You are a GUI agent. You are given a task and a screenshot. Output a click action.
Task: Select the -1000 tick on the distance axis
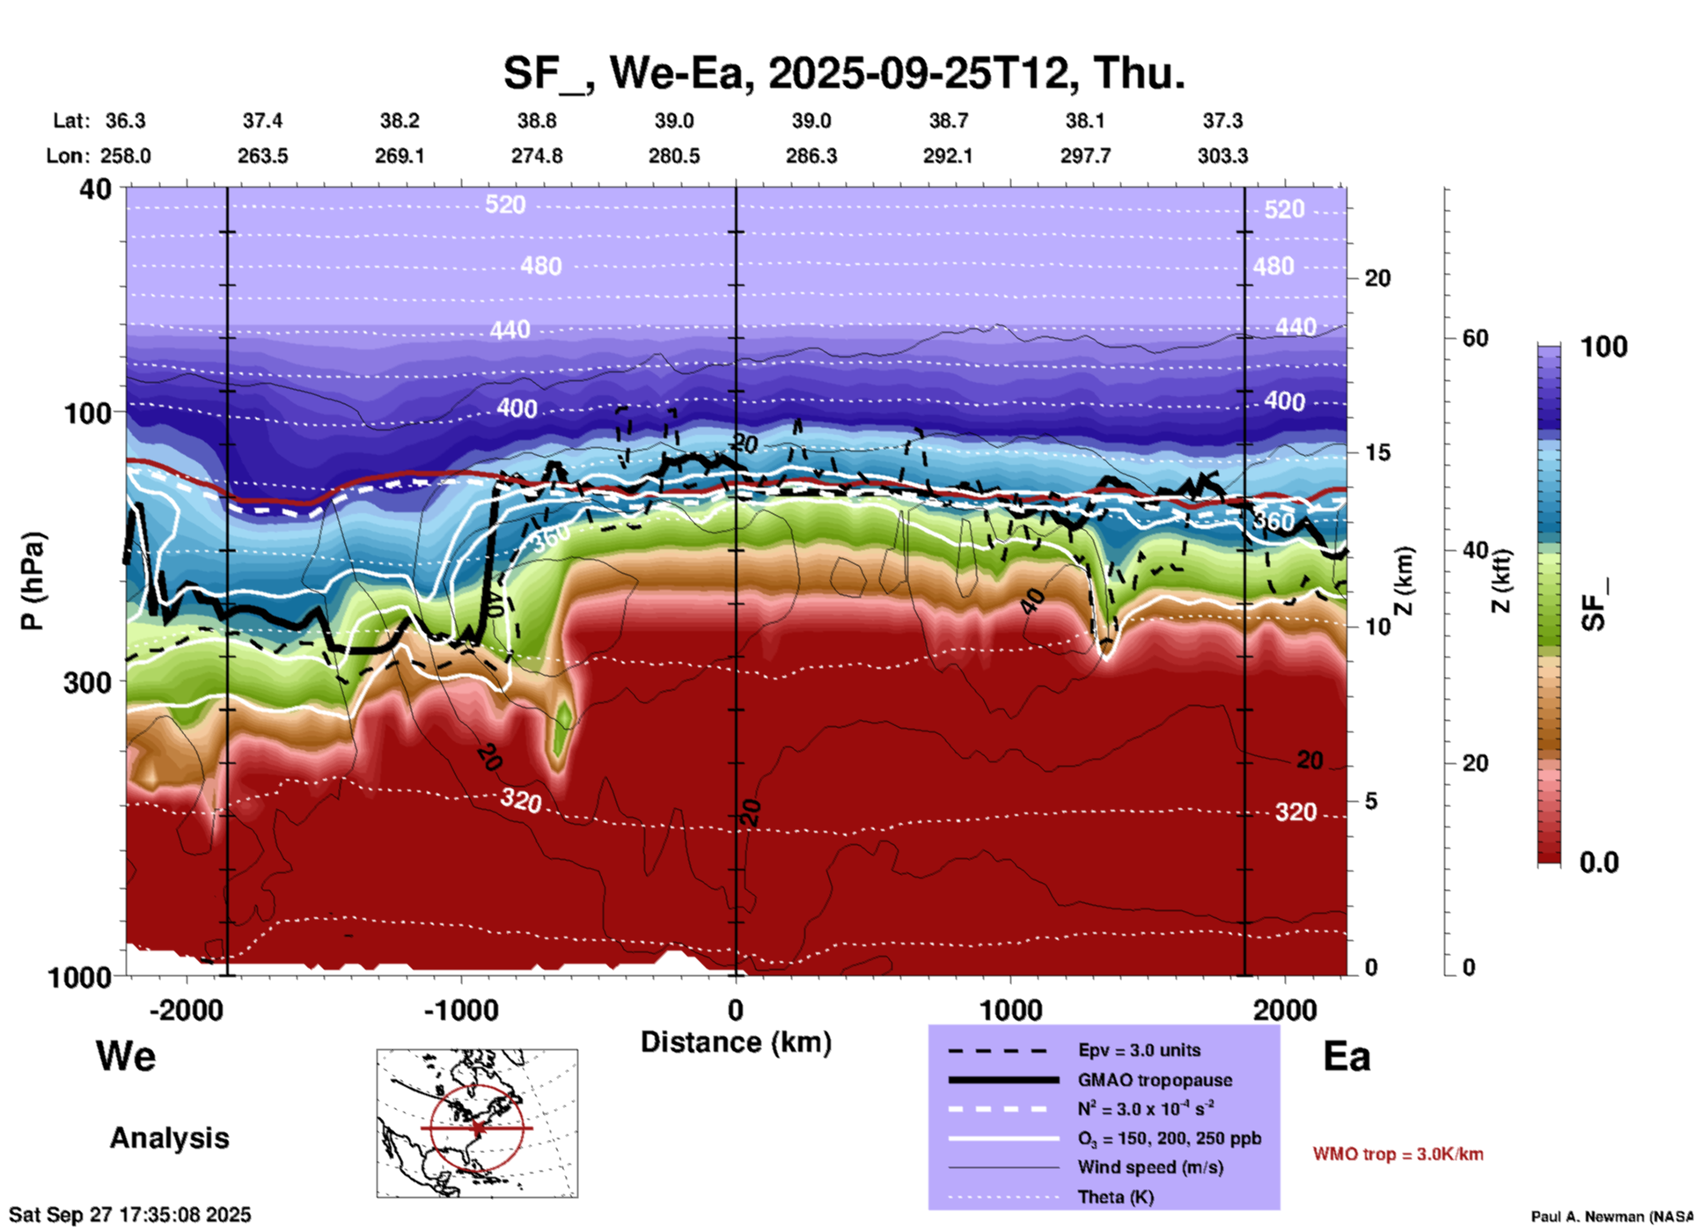[x=461, y=1010]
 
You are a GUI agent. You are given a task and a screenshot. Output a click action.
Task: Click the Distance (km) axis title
[x=736, y=1042]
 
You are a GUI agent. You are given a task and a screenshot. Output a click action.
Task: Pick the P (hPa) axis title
[x=32, y=581]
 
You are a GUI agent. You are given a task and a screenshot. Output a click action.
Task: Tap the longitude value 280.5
[x=674, y=156]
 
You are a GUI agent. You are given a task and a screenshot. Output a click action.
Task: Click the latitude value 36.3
[x=125, y=121]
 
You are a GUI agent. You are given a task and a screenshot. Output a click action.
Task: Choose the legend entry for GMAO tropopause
[x=1155, y=1080]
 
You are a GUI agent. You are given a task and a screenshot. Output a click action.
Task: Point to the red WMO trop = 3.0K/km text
[x=1398, y=1154]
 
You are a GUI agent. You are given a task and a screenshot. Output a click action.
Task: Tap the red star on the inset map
[x=478, y=1128]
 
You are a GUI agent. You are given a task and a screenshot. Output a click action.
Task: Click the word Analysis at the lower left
[x=169, y=1138]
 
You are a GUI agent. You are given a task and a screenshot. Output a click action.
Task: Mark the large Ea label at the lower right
[x=1346, y=1056]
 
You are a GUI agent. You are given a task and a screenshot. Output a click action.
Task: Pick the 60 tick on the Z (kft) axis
[x=1475, y=338]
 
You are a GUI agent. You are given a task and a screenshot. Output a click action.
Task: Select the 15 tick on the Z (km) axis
[x=1377, y=452]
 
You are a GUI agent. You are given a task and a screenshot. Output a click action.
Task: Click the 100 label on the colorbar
[x=1603, y=347]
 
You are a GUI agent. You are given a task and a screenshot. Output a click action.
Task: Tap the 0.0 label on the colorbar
[x=1598, y=863]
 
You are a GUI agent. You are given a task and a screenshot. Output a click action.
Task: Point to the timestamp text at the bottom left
[x=130, y=1215]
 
